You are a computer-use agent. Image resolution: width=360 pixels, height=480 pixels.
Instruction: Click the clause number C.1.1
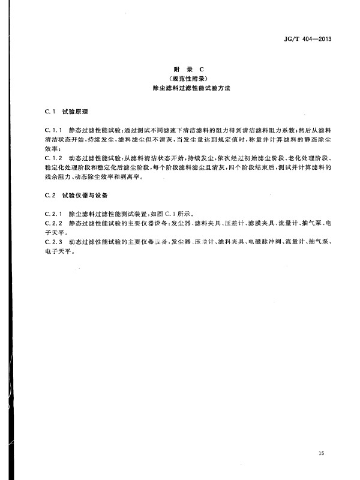(55, 130)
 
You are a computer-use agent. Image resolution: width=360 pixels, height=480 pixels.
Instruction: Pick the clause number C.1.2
(55, 157)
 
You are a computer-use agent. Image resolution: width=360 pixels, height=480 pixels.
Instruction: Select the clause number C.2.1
(55, 214)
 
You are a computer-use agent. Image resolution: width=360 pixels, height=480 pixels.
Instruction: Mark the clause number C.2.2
(55, 223)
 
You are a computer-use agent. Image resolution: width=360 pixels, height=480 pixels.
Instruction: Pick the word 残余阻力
(56, 177)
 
